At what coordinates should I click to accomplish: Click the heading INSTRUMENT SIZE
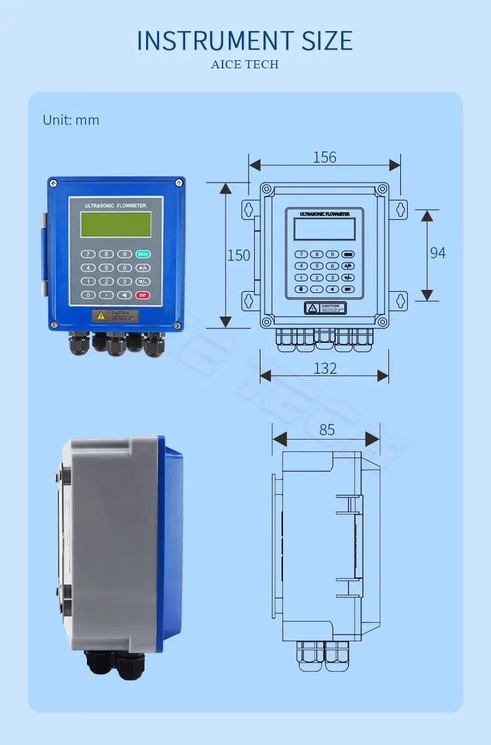(245, 40)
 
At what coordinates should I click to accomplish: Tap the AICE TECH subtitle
(245, 65)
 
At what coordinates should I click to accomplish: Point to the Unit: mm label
(71, 120)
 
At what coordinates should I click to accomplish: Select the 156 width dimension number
(324, 157)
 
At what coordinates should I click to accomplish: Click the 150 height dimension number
(239, 255)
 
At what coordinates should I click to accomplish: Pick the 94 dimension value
(438, 253)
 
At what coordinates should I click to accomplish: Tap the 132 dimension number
(324, 368)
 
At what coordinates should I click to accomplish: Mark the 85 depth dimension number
(327, 430)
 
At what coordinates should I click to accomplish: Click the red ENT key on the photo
(143, 295)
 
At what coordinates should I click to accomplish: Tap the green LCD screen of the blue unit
(116, 224)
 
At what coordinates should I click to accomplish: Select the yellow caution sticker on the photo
(116, 315)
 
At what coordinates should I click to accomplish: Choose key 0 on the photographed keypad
(88, 295)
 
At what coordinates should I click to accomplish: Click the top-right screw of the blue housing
(178, 182)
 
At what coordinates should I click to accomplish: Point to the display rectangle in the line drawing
(324, 229)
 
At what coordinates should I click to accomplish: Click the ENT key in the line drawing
(348, 289)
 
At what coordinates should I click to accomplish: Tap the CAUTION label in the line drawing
(324, 308)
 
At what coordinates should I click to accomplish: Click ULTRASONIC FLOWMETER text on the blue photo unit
(116, 204)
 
